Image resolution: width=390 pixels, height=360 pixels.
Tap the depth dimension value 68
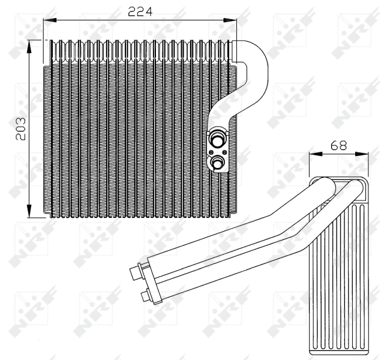(x=338, y=145)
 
